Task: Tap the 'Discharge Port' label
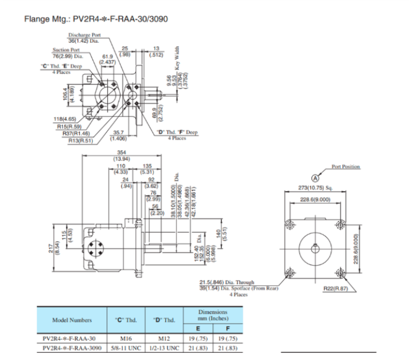pyautogui.click(x=84, y=35)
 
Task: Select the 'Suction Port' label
pyautogui.click(x=66, y=50)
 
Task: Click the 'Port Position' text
pyautogui.click(x=346, y=167)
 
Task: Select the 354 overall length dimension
pyautogui.click(x=123, y=153)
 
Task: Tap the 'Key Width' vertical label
pyautogui.click(x=176, y=58)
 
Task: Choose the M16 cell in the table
pyautogui.click(x=125, y=338)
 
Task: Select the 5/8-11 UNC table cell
pyautogui.click(x=125, y=348)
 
